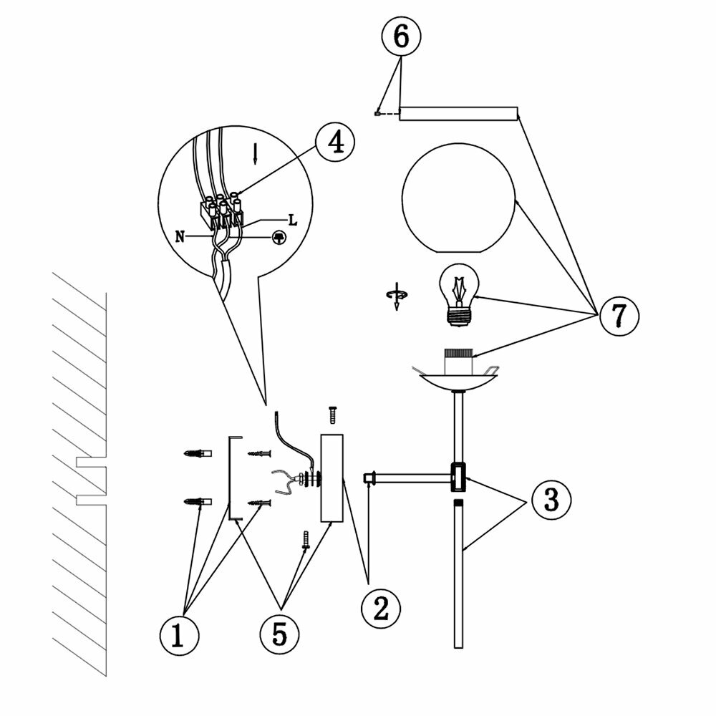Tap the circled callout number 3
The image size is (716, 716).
550,499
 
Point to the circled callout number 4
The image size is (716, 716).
335,142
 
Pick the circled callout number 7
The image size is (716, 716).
618,316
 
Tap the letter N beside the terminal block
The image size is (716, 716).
178,234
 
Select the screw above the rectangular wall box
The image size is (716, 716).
332,414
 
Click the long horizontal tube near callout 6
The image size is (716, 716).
458,113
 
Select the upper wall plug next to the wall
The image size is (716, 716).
198,454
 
